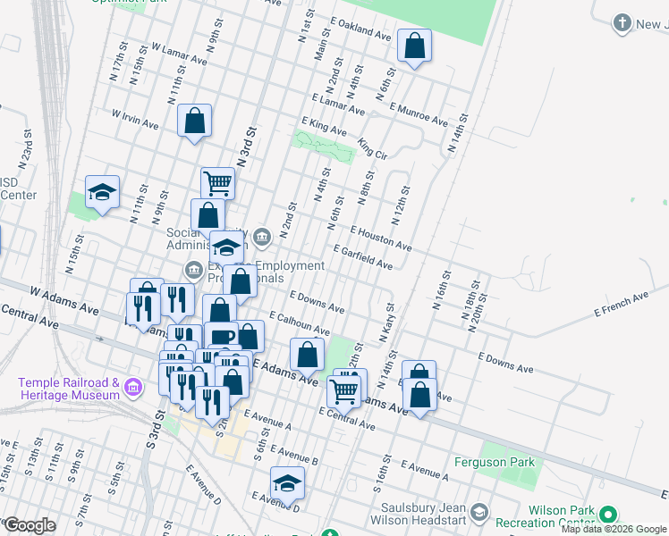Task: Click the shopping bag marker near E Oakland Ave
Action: coord(414,46)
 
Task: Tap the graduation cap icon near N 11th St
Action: coord(102,192)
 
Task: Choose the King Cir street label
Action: coord(372,147)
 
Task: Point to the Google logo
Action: coord(30,525)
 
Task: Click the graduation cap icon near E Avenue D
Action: coord(288,483)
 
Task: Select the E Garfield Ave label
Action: coord(362,258)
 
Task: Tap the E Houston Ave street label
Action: coord(380,238)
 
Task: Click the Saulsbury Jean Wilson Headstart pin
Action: coord(480,513)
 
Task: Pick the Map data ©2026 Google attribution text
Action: coord(614,529)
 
